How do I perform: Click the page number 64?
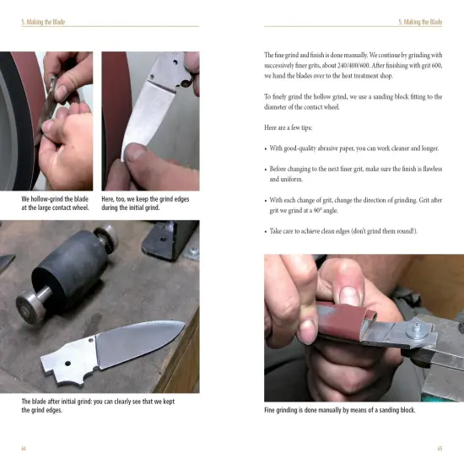pyautogui.click(x=24, y=447)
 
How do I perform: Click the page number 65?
pyautogui.click(x=440, y=447)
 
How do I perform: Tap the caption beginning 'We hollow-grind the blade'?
pyautogui.click(x=55, y=202)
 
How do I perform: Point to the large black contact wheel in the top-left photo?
pyautogui.click(x=17, y=118)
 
